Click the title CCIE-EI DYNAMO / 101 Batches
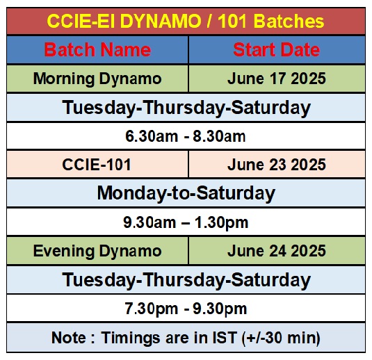point(186,21)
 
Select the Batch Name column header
point(97,50)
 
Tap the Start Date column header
point(277,50)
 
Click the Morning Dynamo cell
point(97,79)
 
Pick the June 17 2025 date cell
point(277,79)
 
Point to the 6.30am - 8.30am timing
point(186,136)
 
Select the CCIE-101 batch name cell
point(97,165)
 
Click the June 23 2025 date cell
point(277,165)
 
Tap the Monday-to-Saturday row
point(186,193)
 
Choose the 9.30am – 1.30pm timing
point(186,222)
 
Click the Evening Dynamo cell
point(97,251)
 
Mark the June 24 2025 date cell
point(277,251)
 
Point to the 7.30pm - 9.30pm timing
point(186,309)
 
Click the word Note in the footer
point(69,338)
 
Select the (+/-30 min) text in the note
point(281,338)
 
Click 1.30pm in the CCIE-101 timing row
point(221,223)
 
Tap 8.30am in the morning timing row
point(219,136)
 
